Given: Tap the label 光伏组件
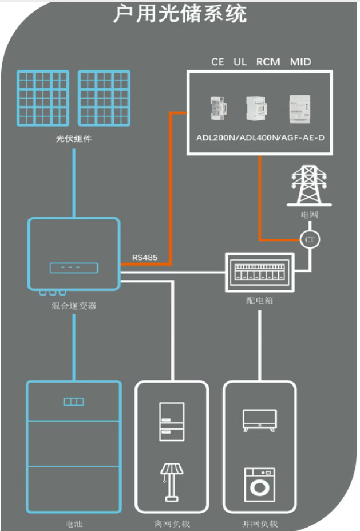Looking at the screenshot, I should (74, 138).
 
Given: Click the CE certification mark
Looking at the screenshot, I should (217, 61).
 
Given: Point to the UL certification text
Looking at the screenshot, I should (240, 61).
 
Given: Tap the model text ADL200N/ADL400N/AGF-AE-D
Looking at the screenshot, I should (260, 139).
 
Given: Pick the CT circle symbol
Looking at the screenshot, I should (310, 239).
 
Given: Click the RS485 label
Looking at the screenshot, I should (145, 257).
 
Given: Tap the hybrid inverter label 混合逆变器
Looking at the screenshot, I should (74, 305).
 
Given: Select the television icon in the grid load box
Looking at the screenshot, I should (260, 420).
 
